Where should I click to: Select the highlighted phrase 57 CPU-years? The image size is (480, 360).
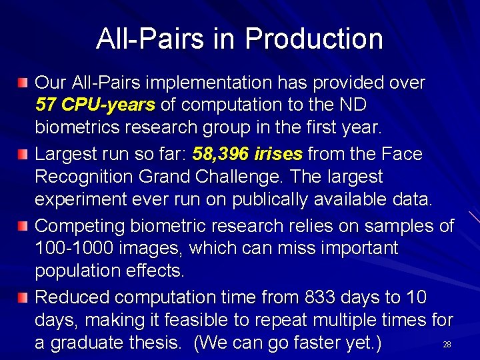95,105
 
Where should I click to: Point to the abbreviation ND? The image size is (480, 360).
352,105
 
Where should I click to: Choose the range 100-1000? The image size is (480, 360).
75,249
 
